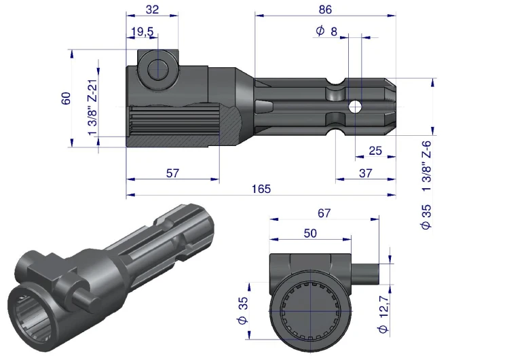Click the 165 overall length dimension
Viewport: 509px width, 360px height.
click(261, 189)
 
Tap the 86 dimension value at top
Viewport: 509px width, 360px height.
click(325, 10)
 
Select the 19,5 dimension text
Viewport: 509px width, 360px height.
click(143, 32)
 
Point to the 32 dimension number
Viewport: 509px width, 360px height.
click(152, 10)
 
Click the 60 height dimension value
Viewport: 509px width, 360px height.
click(66, 98)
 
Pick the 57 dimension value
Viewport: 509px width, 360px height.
click(172, 173)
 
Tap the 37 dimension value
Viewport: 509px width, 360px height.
click(366, 173)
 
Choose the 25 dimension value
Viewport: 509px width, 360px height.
click(375, 151)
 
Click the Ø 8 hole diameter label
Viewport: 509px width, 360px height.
click(326, 31)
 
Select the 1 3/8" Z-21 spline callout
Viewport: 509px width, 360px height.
click(92, 107)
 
